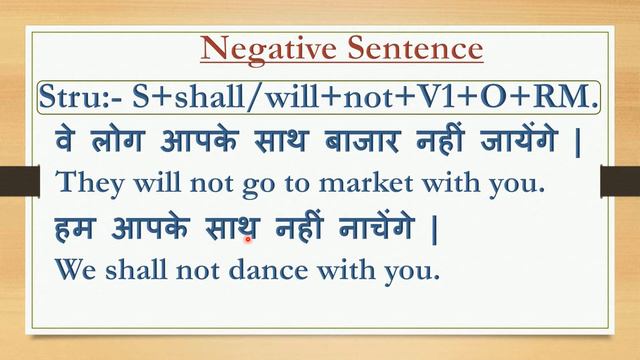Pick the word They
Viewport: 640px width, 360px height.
(x=86, y=182)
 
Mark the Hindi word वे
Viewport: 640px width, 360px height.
(x=68, y=140)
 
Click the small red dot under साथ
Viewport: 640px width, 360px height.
(x=248, y=240)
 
